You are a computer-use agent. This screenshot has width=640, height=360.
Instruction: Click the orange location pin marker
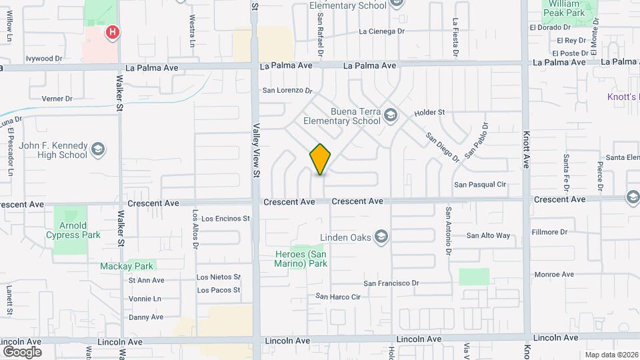coord(320,159)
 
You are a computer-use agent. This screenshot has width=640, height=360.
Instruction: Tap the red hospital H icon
coord(113,31)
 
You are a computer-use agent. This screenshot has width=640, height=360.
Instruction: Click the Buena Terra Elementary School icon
coord(391,117)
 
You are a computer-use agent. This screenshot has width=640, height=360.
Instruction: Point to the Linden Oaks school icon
coord(381,236)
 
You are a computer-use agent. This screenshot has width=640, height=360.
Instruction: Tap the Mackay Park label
coord(127,266)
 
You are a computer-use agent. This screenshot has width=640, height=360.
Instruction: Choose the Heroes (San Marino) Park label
coord(301,259)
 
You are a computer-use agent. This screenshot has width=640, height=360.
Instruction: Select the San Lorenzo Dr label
coord(287,90)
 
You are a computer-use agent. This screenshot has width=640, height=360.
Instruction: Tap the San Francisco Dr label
coord(391,283)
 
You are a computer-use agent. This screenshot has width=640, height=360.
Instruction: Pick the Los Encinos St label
coord(225,218)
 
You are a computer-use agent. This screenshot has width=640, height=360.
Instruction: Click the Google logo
coord(22,351)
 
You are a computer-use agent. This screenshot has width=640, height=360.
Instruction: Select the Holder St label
coord(429,113)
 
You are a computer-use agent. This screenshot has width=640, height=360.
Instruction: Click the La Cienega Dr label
coord(382,31)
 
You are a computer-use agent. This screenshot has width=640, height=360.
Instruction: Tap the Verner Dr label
coord(57,99)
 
